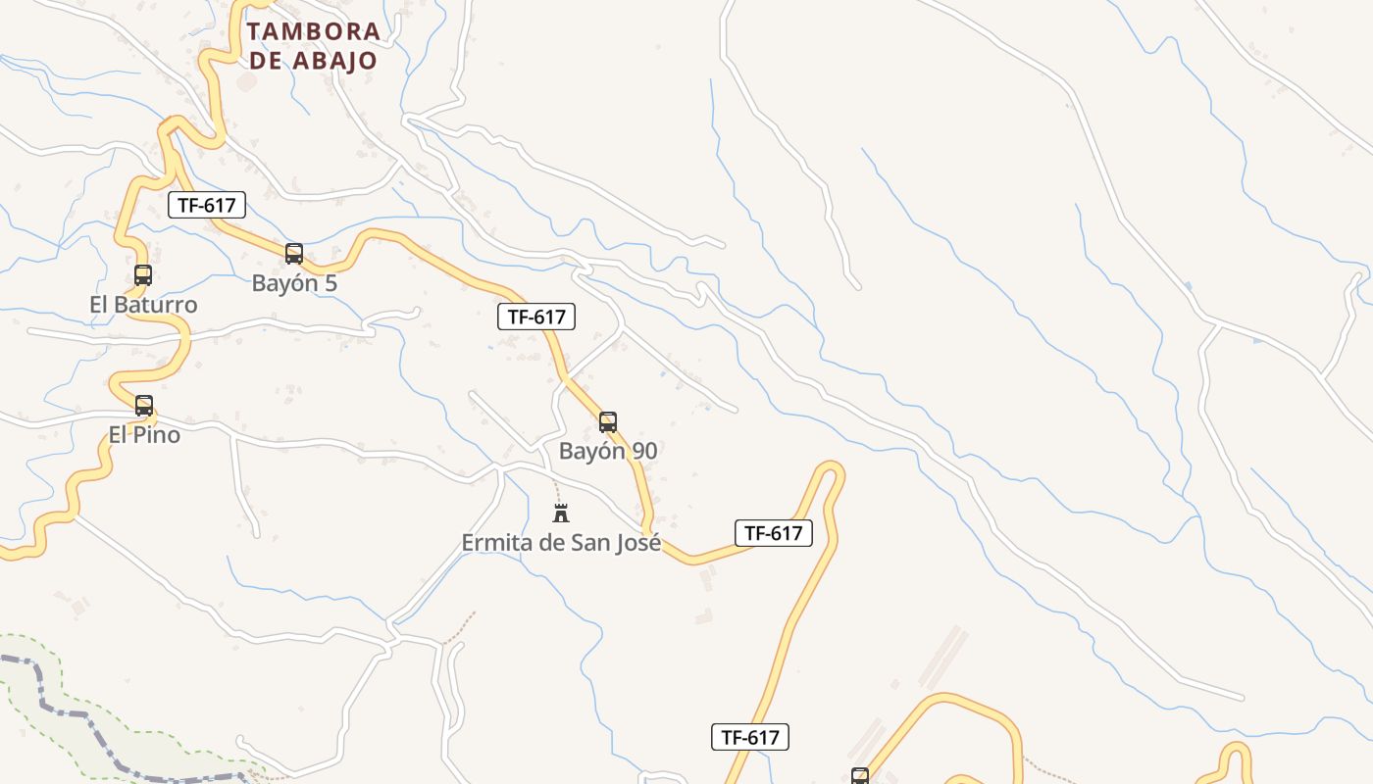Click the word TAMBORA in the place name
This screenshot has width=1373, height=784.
point(314,30)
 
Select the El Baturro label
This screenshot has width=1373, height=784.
point(143,305)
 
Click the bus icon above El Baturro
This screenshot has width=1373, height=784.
point(143,275)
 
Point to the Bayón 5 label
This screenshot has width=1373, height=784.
point(294,283)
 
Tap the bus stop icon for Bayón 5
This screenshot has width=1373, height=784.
point(294,254)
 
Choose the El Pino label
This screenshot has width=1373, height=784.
point(144,434)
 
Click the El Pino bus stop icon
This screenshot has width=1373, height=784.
point(144,405)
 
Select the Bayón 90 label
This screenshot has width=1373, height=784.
point(608,452)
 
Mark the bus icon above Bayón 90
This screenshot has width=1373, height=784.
point(608,422)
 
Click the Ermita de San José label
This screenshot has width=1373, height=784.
point(561,542)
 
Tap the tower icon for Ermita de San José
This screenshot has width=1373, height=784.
point(561,513)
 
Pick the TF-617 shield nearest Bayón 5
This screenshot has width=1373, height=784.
point(207,205)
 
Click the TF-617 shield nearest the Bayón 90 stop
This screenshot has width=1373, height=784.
point(536,317)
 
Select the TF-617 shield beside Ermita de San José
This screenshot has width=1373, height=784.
point(774,533)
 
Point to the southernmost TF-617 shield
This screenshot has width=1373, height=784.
point(750,737)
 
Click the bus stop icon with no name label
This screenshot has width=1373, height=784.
point(860,776)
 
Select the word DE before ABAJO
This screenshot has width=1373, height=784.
point(266,60)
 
